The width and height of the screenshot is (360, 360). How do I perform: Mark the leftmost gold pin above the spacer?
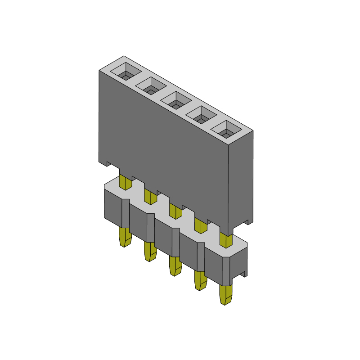click(125, 181)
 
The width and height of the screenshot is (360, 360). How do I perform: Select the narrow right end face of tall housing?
click(241, 180)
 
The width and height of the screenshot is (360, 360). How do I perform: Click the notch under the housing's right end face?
click(247, 222)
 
